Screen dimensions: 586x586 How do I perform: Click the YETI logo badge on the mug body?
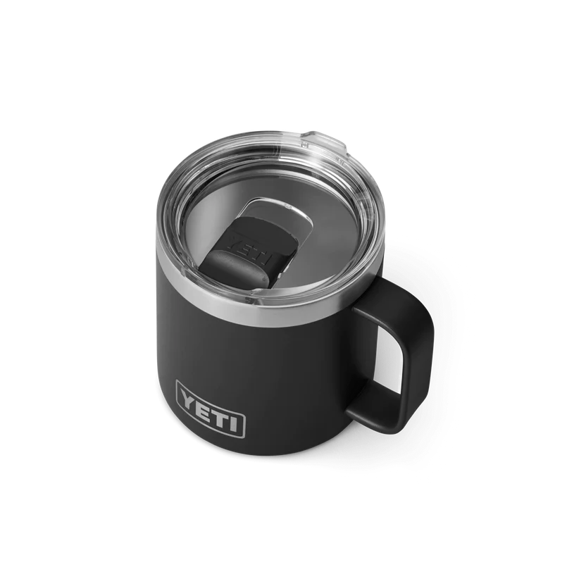pyautogui.click(x=210, y=405)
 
